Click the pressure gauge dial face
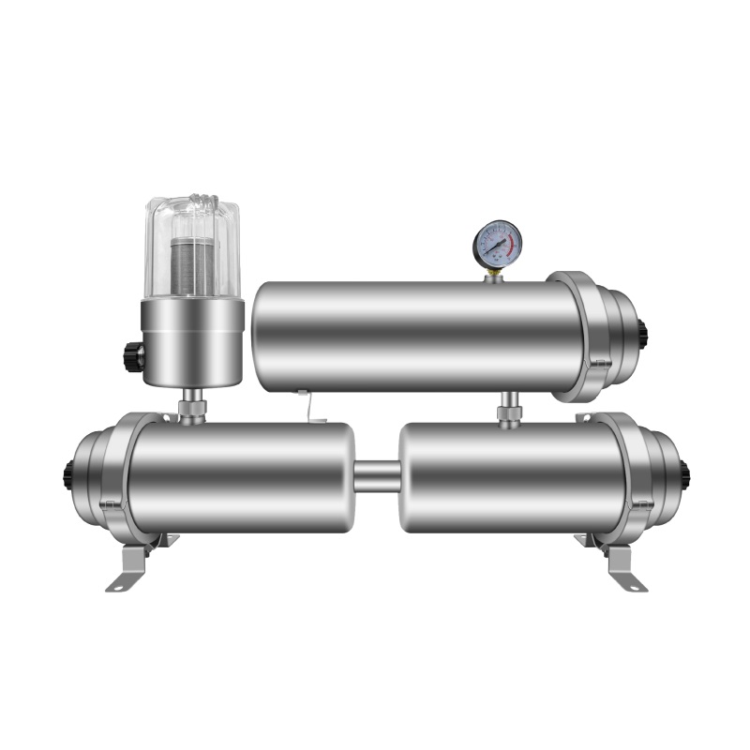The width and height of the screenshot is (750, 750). point(496,244)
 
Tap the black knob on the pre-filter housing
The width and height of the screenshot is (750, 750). point(133,356)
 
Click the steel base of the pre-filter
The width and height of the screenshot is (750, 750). point(192,342)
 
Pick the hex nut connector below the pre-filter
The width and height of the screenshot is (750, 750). point(192,408)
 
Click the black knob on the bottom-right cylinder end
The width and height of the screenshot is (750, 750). point(685,474)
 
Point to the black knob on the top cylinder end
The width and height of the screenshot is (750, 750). point(643,332)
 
